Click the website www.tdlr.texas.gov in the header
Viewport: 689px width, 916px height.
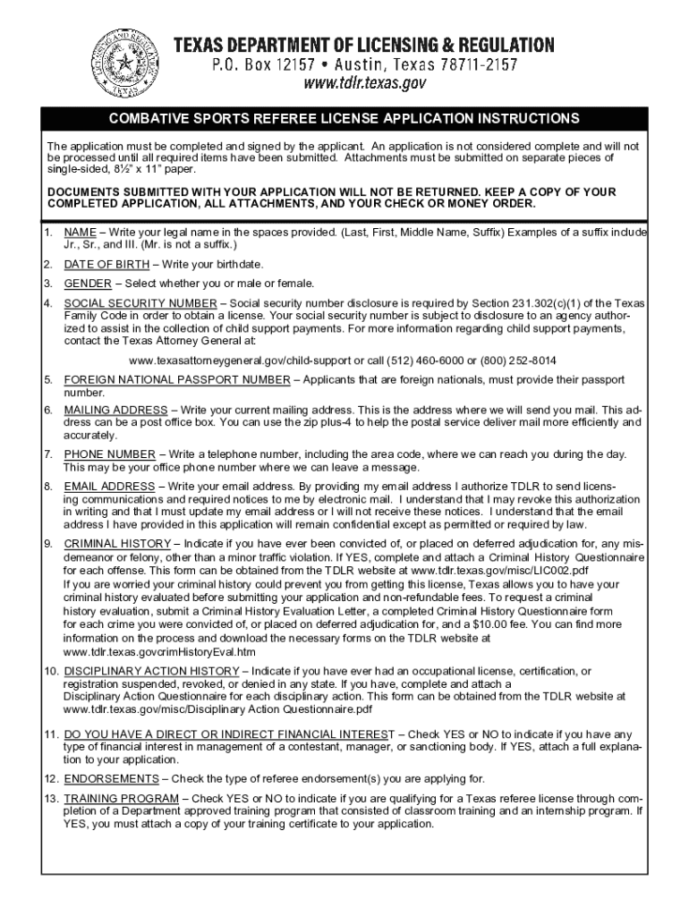[363, 84]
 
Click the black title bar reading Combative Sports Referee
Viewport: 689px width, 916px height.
[344, 118]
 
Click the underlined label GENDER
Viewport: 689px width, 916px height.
[88, 284]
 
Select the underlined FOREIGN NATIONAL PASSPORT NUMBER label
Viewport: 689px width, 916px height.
[176, 380]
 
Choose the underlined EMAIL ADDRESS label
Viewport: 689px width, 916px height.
[109, 486]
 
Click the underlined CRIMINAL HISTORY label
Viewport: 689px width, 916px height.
[117, 544]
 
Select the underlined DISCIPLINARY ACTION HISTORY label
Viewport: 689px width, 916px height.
[152, 671]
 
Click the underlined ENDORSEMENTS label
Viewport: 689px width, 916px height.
[111, 779]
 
